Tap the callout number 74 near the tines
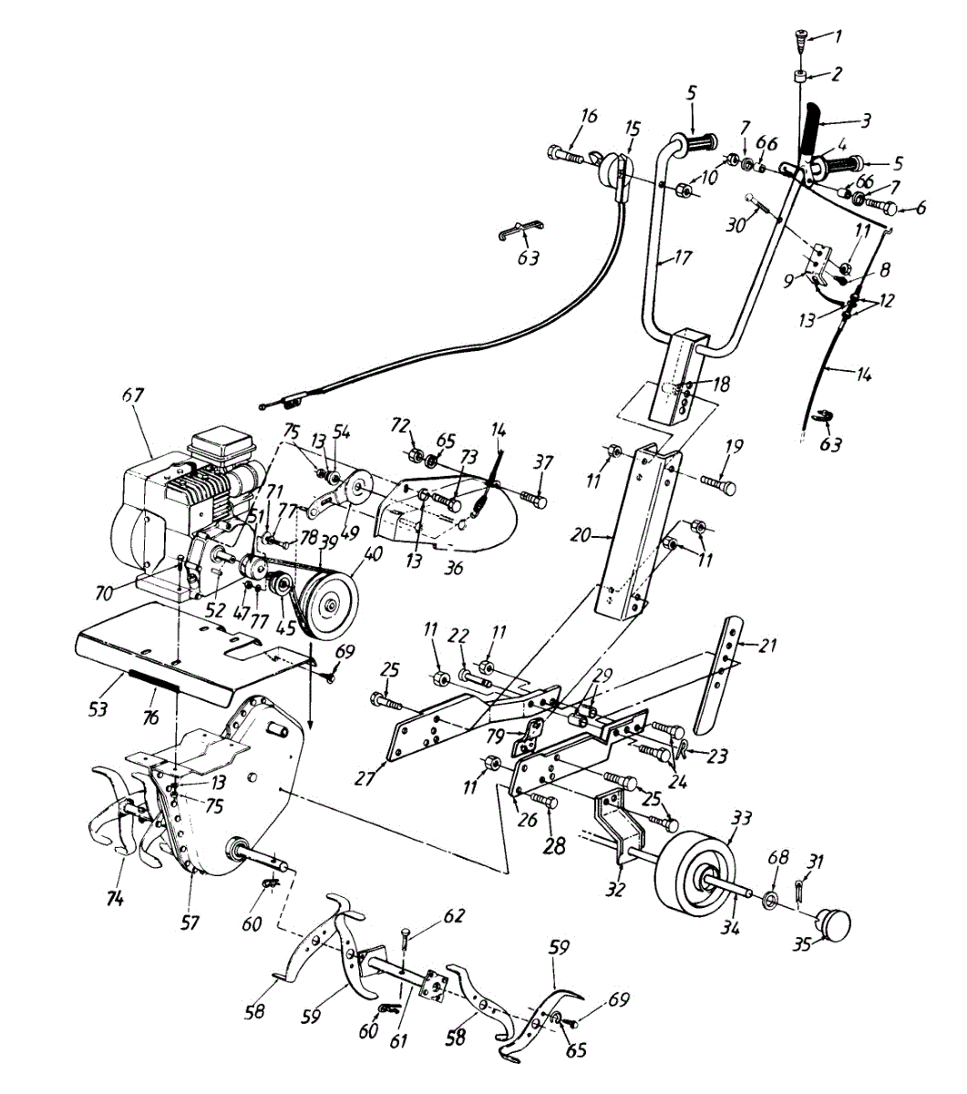pos(114,899)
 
